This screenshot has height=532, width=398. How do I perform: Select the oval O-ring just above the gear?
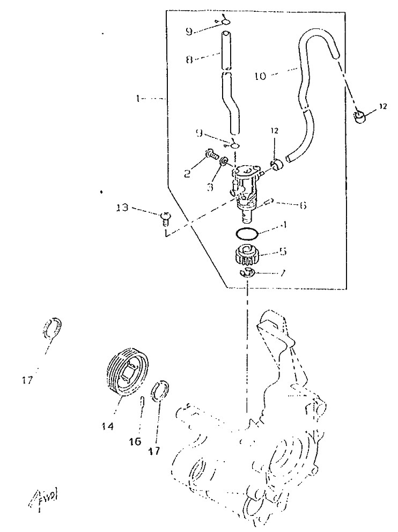pos(247,233)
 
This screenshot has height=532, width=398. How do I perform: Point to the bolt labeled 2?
pos(211,156)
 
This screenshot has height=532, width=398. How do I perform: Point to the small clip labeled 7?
pos(246,274)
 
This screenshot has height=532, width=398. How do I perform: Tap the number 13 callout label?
pos(122,208)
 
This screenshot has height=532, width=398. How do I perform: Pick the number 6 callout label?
pos(303,205)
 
